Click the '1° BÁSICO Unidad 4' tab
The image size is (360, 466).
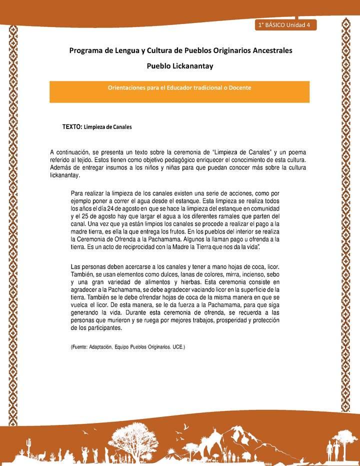(x=284, y=25)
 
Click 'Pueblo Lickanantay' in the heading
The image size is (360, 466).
(x=179, y=65)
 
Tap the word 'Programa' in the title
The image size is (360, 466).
(x=86, y=50)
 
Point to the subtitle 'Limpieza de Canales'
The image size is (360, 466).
(x=107, y=127)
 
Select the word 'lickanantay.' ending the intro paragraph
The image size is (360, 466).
(x=65, y=175)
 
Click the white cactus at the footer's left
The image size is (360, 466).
(x=29, y=443)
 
